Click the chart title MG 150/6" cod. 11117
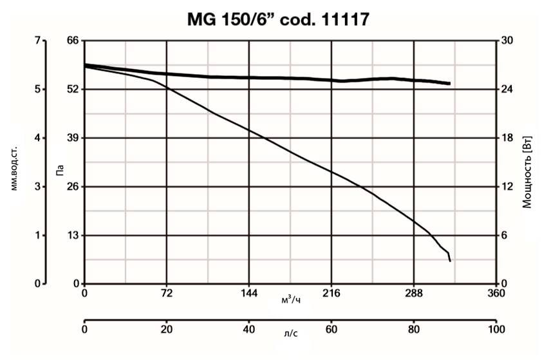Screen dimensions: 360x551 278,19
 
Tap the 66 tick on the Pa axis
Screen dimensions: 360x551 73,41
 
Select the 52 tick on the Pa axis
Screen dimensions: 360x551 73,89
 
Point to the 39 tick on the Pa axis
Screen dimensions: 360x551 73,138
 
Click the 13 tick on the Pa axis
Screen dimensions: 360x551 73,235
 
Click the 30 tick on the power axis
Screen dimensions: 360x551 507,41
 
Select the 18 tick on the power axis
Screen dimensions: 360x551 507,138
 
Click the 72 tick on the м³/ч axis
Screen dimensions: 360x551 167,293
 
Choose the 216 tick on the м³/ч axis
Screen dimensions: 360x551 331,293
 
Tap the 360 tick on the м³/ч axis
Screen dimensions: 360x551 496,293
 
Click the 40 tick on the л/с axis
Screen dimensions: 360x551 249,330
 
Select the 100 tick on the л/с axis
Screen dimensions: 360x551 496,330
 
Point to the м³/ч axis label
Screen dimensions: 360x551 290,299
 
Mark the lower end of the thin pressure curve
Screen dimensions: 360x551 450,261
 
